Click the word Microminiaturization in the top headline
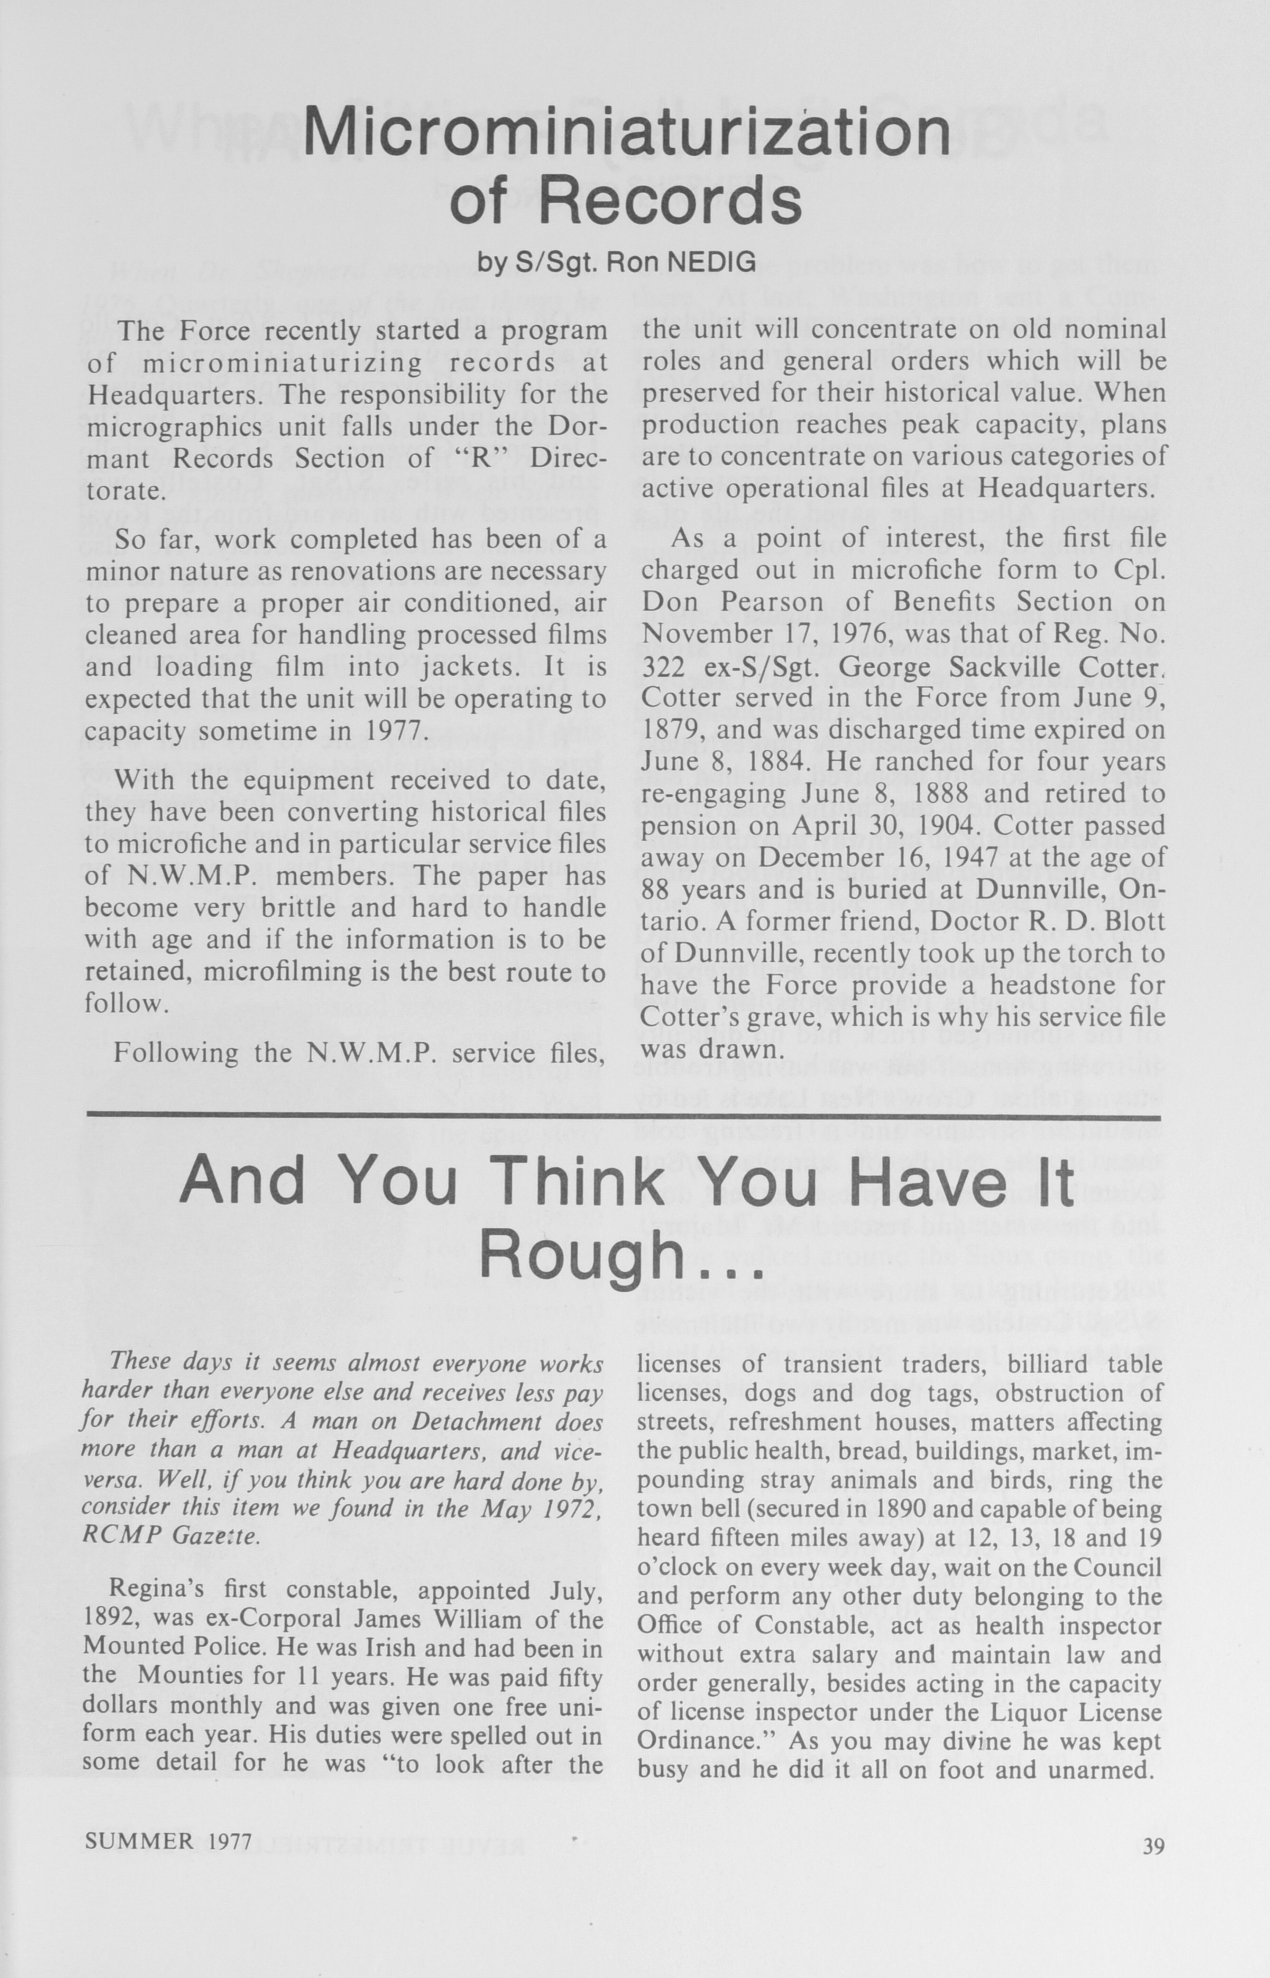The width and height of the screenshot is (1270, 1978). pos(627,132)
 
